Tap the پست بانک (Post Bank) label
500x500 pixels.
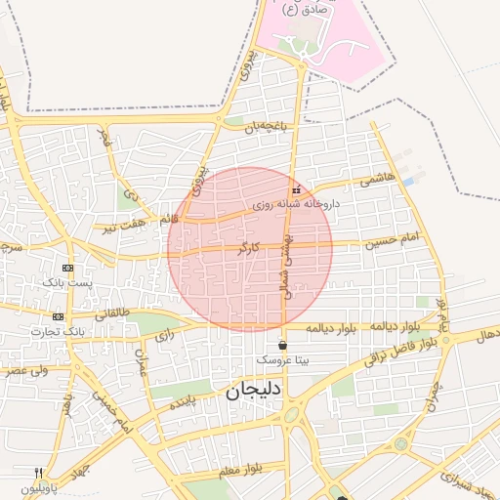tap(66, 282)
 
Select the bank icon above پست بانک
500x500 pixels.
tap(67, 268)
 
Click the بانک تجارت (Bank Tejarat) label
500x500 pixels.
tap(58, 331)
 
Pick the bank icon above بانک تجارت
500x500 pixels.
tap(58, 316)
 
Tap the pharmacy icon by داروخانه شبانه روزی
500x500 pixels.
tap(296, 189)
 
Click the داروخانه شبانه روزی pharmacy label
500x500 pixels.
tap(295, 205)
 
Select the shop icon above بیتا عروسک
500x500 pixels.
tap(283, 345)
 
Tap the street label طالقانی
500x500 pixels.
tap(111, 312)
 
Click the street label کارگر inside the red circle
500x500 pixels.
tap(249, 248)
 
